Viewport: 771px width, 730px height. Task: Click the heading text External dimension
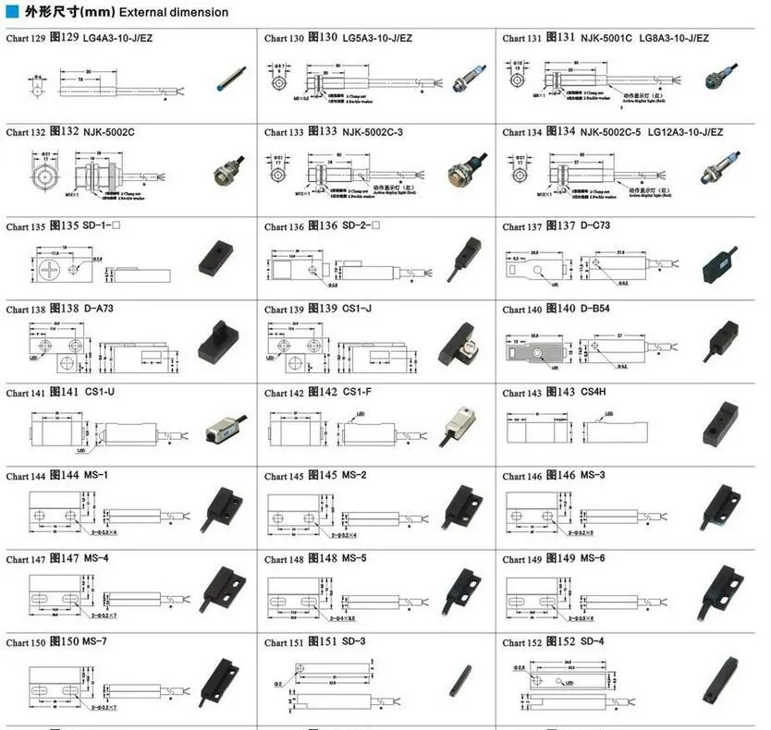(174, 12)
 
